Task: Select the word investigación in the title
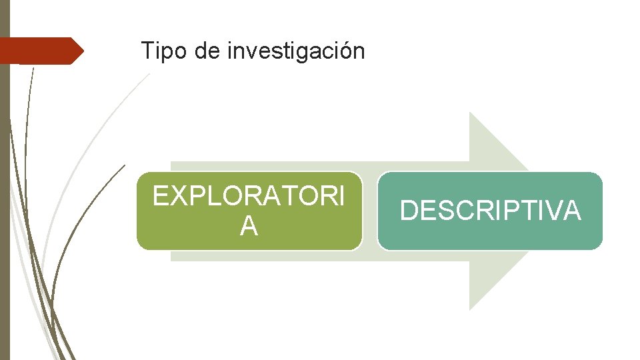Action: click(x=296, y=51)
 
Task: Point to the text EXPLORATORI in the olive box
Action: click(x=249, y=197)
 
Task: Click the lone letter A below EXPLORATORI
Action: click(x=249, y=227)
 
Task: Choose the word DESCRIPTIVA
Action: click(x=490, y=211)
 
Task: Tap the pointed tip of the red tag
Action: click(x=83, y=51)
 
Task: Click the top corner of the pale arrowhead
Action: click(x=470, y=113)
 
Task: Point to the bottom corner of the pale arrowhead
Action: click(x=470, y=309)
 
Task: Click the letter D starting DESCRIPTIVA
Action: click(x=408, y=211)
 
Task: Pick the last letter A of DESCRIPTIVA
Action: click(x=570, y=211)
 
